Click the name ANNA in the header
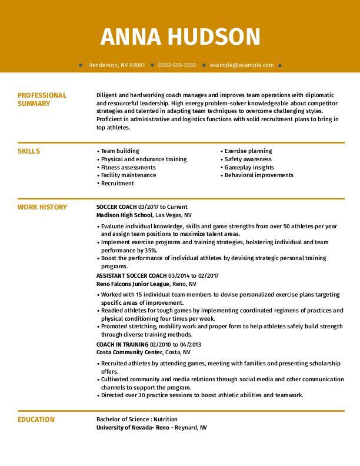click(131, 36)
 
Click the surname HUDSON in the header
click(214, 36)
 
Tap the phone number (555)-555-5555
click(177, 65)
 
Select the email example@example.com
click(242, 65)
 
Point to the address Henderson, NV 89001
click(116, 65)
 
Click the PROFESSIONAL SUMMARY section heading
click(42, 99)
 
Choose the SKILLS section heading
click(29, 151)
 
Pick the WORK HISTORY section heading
click(42, 207)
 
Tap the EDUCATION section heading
click(36, 420)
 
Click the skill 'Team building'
click(120, 151)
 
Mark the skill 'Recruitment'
click(118, 183)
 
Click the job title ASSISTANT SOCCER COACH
click(131, 275)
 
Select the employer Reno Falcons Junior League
click(133, 284)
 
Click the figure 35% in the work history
click(151, 250)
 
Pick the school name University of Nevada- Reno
click(133, 428)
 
